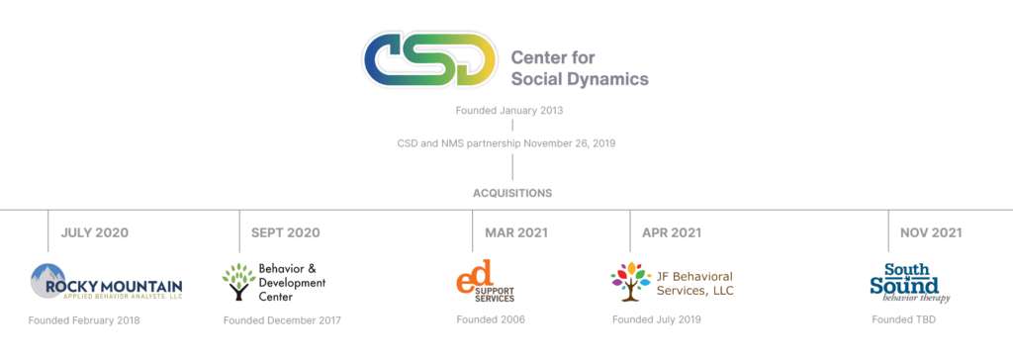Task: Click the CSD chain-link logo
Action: coord(427,60)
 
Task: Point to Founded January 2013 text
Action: coord(511,110)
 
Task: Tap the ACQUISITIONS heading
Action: coord(511,193)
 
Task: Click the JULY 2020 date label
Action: coord(95,233)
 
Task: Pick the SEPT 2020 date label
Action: coord(286,233)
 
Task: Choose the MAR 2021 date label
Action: coord(516,233)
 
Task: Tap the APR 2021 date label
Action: coord(672,233)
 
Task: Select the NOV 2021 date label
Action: coord(931,233)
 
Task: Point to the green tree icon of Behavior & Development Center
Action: coord(237,282)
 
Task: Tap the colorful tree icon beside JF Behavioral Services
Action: coord(630,282)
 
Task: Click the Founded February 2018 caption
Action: coord(84,320)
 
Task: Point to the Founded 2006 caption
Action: coord(491,320)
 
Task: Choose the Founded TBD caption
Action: coord(903,320)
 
